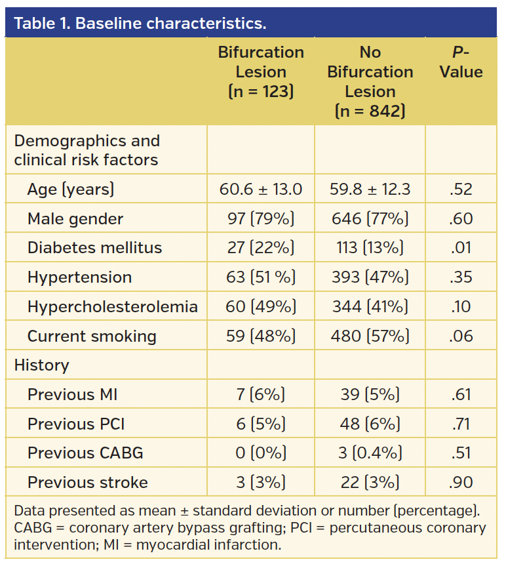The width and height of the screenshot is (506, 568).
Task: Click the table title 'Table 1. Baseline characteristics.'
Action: click(x=140, y=24)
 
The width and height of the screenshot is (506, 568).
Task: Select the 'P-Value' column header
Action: click(x=461, y=62)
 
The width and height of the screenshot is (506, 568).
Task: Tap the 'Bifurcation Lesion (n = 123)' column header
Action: click(x=261, y=72)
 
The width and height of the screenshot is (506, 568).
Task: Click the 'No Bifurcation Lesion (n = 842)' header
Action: click(x=370, y=82)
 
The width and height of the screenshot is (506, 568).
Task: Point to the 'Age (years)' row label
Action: click(x=71, y=190)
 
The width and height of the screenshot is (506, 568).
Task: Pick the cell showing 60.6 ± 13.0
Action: click(x=261, y=190)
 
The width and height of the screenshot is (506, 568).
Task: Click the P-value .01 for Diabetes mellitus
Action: click(x=461, y=248)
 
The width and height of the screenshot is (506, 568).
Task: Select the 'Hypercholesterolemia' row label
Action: click(x=112, y=307)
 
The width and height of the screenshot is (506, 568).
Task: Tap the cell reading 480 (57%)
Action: click(x=370, y=336)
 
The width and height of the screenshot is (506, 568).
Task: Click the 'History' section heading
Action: click(x=41, y=365)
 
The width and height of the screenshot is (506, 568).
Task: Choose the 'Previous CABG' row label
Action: click(x=85, y=453)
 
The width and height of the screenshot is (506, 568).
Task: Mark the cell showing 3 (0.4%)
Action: click(x=370, y=453)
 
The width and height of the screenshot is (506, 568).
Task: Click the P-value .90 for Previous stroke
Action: click(x=461, y=483)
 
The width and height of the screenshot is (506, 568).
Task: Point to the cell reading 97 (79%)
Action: click(x=261, y=219)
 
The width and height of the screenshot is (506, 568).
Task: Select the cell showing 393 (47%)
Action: click(x=370, y=277)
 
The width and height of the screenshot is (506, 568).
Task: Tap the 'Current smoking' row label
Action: click(x=92, y=336)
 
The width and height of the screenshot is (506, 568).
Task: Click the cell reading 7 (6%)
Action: click(x=261, y=395)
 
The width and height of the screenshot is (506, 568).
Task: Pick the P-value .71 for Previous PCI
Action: click(x=461, y=424)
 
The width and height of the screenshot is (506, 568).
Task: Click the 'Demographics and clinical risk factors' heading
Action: click(x=87, y=150)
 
